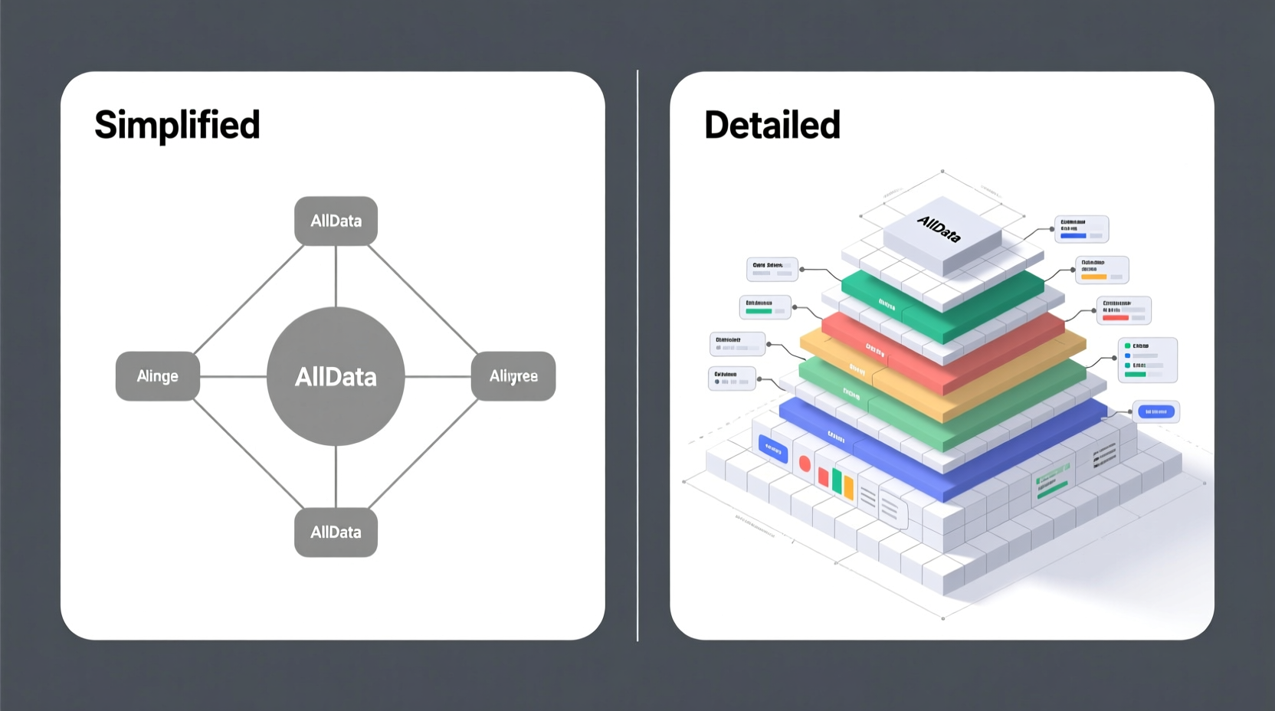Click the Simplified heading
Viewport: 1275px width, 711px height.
point(177,125)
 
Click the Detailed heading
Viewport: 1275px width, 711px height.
point(772,125)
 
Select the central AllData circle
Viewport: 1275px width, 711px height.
point(336,376)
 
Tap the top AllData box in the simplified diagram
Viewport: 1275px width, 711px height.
point(336,221)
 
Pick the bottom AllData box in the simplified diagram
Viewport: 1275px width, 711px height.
point(336,532)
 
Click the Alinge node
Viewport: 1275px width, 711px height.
point(157,376)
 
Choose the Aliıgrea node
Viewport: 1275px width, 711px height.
point(513,376)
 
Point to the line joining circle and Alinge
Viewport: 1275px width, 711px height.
point(233,376)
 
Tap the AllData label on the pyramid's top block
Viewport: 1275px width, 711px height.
point(939,228)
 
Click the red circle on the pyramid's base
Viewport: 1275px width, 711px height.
point(805,464)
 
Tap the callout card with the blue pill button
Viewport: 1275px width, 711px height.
point(1155,412)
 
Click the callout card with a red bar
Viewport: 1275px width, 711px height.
point(1123,310)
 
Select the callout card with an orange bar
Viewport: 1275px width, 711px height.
point(1101,270)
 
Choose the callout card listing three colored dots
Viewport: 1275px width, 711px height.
point(1147,359)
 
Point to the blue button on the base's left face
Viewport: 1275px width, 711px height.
point(772,450)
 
